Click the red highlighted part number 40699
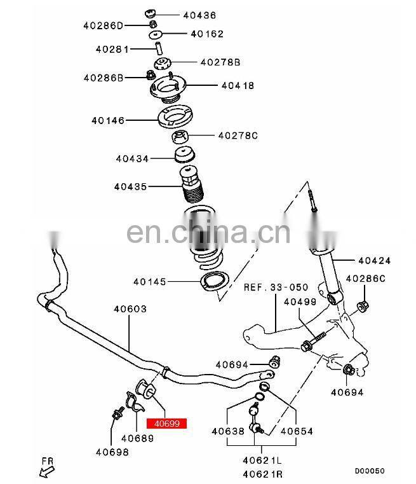[x=166, y=423]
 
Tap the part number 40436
[x=199, y=15]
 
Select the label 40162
[x=207, y=34]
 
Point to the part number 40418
[x=238, y=85]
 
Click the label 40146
[x=108, y=120]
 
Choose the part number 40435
[x=131, y=186]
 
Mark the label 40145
[x=150, y=282]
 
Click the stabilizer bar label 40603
[x=130, y=308]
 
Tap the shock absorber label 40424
[x=375, y=261]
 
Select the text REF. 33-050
[x=276, y=287]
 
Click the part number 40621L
[x=262, y=460]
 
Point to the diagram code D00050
[x=370, y=471]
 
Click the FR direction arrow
[x=46, y=472]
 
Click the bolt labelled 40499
[x=313, y=341]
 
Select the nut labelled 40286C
[x=363, y=306]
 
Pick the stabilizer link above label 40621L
[x=255, y=418]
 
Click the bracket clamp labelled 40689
[x=135, y=402]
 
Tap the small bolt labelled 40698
[x=117, y=413]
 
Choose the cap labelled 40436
[x=150, y=14]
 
